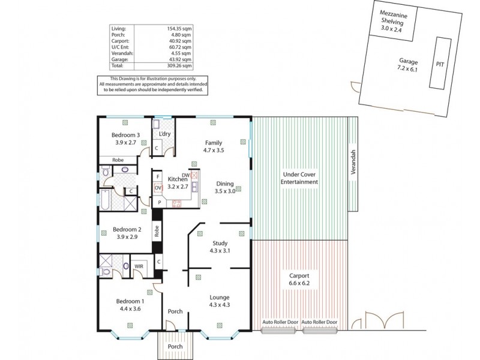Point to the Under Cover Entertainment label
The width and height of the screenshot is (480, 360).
point(300,178)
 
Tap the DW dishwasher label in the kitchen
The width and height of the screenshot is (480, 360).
point(187,175)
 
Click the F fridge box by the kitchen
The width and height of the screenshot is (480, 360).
point(158,177)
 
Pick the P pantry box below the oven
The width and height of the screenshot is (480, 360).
point(159,203)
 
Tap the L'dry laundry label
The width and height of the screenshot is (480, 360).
point(165,134)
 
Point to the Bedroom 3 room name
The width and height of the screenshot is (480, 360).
point(127,136)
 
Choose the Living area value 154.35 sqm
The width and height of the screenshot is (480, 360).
point(180,28)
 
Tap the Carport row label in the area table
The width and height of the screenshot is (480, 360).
point(120,40)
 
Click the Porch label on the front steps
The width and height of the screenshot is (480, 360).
point(175,346)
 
